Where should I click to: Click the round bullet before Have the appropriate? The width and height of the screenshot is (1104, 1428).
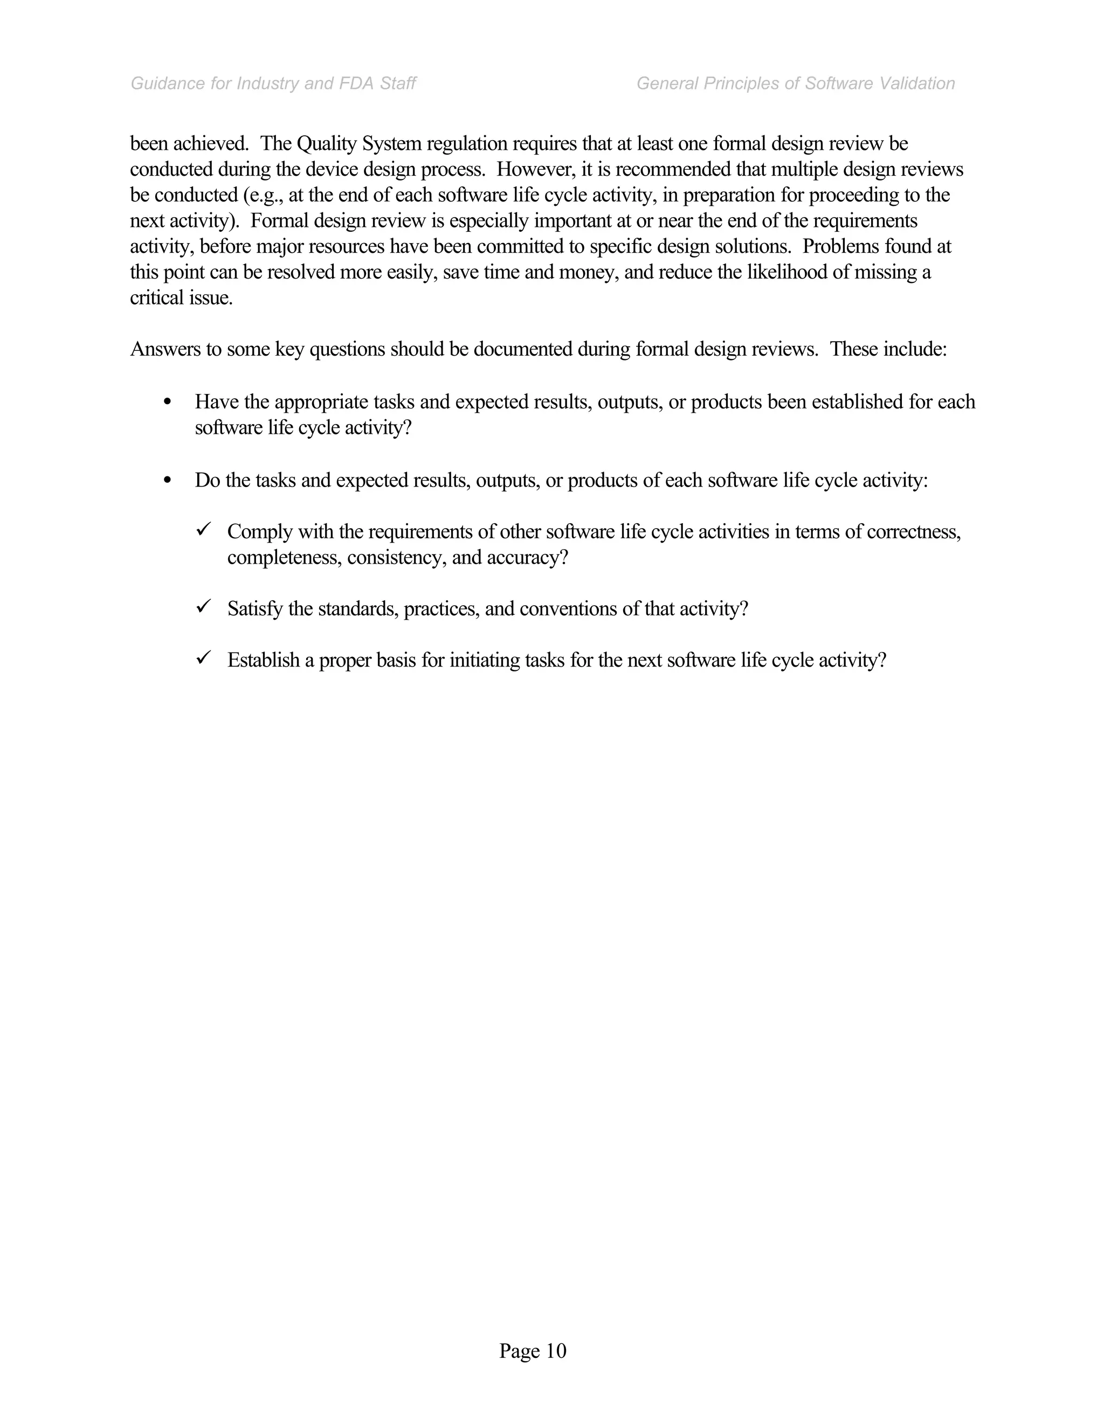[x=168, y=401]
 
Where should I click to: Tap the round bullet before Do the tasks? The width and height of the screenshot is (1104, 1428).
[x=168, y=481]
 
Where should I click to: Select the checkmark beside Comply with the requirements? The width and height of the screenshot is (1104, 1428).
[x=203, y=530]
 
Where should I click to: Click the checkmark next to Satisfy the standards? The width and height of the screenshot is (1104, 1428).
[x=203, y=607]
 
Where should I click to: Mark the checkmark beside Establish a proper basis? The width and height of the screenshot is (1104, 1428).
[x=203, y=658]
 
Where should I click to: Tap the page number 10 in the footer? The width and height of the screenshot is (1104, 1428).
[x=555, y=1351]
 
